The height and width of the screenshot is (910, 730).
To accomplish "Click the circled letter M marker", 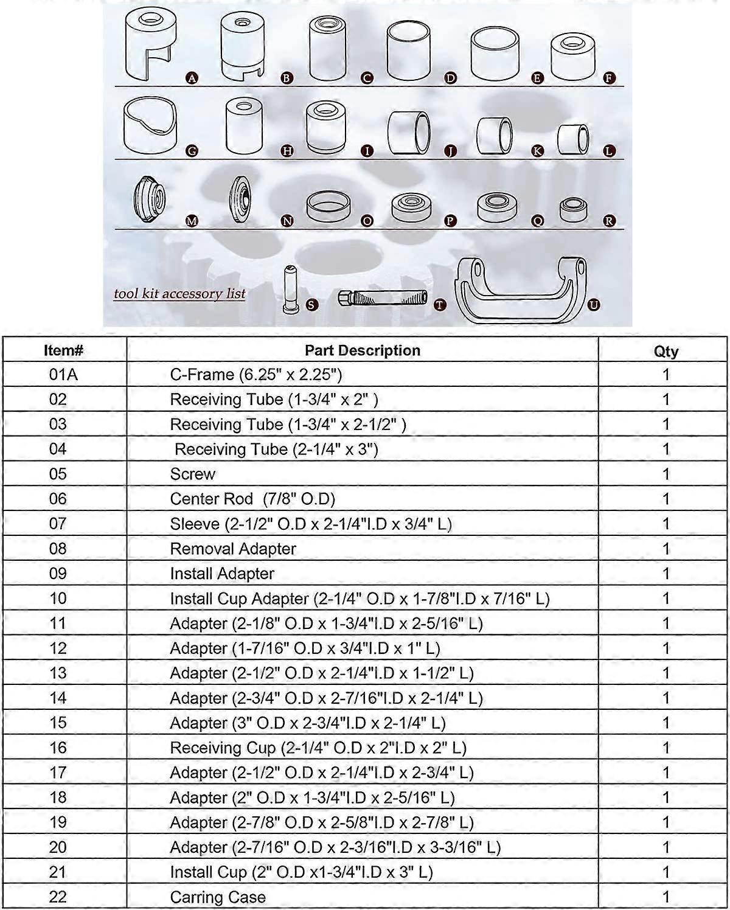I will (192, 221).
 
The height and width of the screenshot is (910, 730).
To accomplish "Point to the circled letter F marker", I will (609, 78).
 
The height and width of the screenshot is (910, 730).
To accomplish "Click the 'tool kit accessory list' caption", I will (179, 294).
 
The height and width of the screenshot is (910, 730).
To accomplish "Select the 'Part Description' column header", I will (362, 350).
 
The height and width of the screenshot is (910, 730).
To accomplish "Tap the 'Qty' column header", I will (666, 351).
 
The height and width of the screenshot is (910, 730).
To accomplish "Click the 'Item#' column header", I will (64, 350).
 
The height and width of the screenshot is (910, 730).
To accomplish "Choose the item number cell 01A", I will (64, 375).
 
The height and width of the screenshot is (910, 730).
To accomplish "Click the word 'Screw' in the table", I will (193, 474).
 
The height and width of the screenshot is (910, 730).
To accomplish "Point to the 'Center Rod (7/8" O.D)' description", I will (252, 499).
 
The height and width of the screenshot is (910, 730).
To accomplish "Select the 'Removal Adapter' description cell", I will (233, 549).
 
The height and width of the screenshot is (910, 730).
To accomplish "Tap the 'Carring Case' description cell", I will (218, 897).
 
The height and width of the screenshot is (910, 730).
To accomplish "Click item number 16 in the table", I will (58, 748).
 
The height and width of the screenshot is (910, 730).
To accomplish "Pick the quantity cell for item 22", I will (666, 897).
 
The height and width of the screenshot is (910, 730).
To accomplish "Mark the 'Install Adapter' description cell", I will (222, 574).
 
